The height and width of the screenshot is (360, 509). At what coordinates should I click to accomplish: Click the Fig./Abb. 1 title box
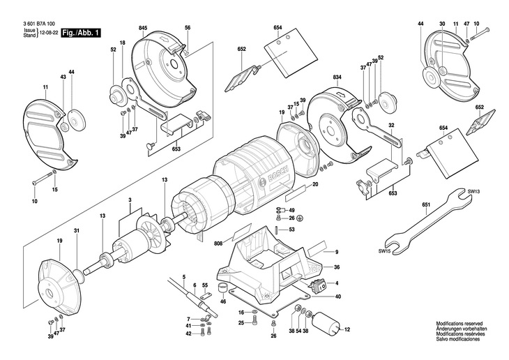(x=82, y=32)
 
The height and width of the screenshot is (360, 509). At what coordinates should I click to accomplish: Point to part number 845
(x=143, y=27)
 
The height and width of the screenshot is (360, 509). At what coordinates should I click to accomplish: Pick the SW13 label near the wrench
(x=473, y=190)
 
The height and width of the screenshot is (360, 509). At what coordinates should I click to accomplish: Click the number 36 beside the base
(x=337, y=267)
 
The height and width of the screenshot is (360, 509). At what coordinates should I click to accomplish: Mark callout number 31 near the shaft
(x=77, y=232)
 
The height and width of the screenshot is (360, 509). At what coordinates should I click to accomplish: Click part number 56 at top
(x=188, y=27)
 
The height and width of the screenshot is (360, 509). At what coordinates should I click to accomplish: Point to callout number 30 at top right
(x=441, y=24)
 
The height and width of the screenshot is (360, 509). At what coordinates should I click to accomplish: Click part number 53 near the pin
(x=291, y=229)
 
